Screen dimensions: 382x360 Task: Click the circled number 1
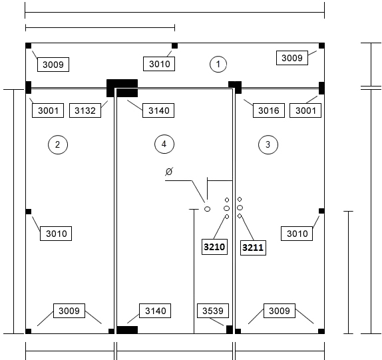tap(218, 64)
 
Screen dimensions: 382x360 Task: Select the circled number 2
tap(58, 144)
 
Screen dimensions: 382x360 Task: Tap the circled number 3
tap(268, 144)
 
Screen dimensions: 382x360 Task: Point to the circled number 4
tap(164, 144)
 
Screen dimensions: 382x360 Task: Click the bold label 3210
tap(214, 247)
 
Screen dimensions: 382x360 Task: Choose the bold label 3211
tap(253, 248)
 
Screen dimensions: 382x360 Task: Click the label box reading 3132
tap(85, 110)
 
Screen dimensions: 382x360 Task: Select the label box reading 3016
tap(269, 110)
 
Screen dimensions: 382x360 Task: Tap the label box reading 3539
tap(213, 311)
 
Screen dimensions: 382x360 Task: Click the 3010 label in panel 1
tap(159, 64)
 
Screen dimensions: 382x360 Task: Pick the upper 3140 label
tap(158, 110)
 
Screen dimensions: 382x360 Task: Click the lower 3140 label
tap(155, 311)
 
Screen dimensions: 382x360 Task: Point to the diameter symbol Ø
tap(169, 172)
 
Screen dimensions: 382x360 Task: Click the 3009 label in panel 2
tap(69, 311)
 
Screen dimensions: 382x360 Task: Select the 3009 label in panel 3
tap(280, 311)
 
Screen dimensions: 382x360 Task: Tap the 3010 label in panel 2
tap(56, 234)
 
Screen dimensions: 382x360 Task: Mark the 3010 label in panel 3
tap(297, 234)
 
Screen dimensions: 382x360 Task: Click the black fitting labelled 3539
tap(230, 329)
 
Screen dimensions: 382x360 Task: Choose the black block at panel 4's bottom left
tap(127, 330)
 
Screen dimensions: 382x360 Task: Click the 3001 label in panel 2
tap(48, 110)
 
